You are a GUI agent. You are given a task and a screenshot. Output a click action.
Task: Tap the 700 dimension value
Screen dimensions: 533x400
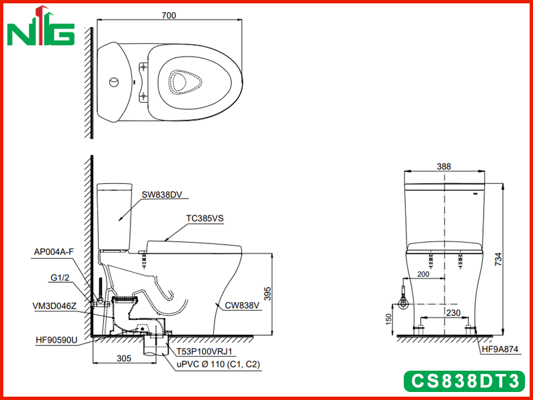click(169, 15)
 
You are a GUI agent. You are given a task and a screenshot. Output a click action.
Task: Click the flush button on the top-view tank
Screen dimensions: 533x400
click(114, 82)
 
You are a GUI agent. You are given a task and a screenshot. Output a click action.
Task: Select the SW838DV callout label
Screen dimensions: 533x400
click(162, 195)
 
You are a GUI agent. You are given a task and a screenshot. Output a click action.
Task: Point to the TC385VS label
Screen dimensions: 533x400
click(205, 219)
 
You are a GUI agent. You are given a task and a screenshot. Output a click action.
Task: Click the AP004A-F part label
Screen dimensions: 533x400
click(54, 252)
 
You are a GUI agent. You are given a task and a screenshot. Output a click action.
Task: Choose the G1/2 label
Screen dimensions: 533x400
click(60, 278)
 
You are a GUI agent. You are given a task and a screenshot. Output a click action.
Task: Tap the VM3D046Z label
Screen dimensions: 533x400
click(55, 306)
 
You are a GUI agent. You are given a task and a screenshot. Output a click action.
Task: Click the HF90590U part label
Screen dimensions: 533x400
click(57, 340)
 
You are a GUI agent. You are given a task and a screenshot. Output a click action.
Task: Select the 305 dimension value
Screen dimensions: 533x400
click(124, 359)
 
